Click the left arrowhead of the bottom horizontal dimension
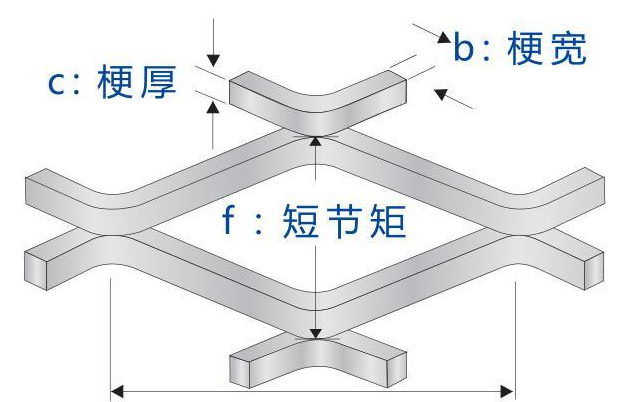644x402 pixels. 118,388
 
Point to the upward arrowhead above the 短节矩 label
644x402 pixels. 316,143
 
